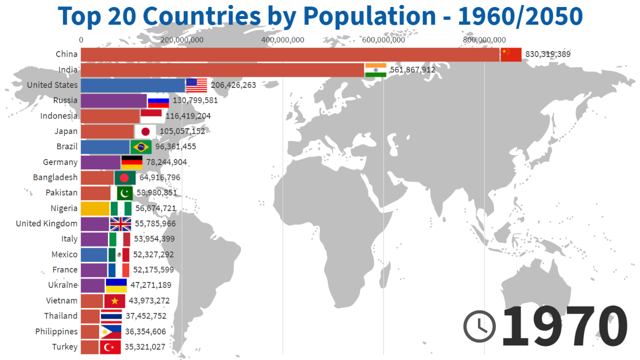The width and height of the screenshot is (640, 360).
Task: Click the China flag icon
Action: [510, 54]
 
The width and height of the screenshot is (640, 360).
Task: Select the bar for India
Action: [222, 70]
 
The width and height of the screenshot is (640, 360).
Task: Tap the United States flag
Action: [196, 85]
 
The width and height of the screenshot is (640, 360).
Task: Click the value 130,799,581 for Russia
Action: [195, 100]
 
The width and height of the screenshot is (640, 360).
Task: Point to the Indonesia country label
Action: [59, 116]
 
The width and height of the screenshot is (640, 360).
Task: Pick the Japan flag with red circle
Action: [145, 131]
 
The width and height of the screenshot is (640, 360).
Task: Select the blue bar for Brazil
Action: [105, 147]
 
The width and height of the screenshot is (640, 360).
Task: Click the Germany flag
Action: [132, 162]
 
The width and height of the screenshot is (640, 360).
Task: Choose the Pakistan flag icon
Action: [125, 193]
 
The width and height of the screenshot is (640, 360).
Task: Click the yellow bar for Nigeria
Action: [94, 208]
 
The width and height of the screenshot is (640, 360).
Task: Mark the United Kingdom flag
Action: [120, 223]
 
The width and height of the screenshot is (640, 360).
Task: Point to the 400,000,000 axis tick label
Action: [283, 40]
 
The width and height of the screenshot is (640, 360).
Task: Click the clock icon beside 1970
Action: [479, 326]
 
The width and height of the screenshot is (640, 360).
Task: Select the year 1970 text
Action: [564, 326]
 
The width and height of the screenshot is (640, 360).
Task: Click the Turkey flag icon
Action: [110, 347]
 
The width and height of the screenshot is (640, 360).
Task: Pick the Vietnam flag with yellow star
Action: [114, 301]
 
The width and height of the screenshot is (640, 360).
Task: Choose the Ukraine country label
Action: [62, 285]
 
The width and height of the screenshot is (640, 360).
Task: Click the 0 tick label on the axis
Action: [81, 40]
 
